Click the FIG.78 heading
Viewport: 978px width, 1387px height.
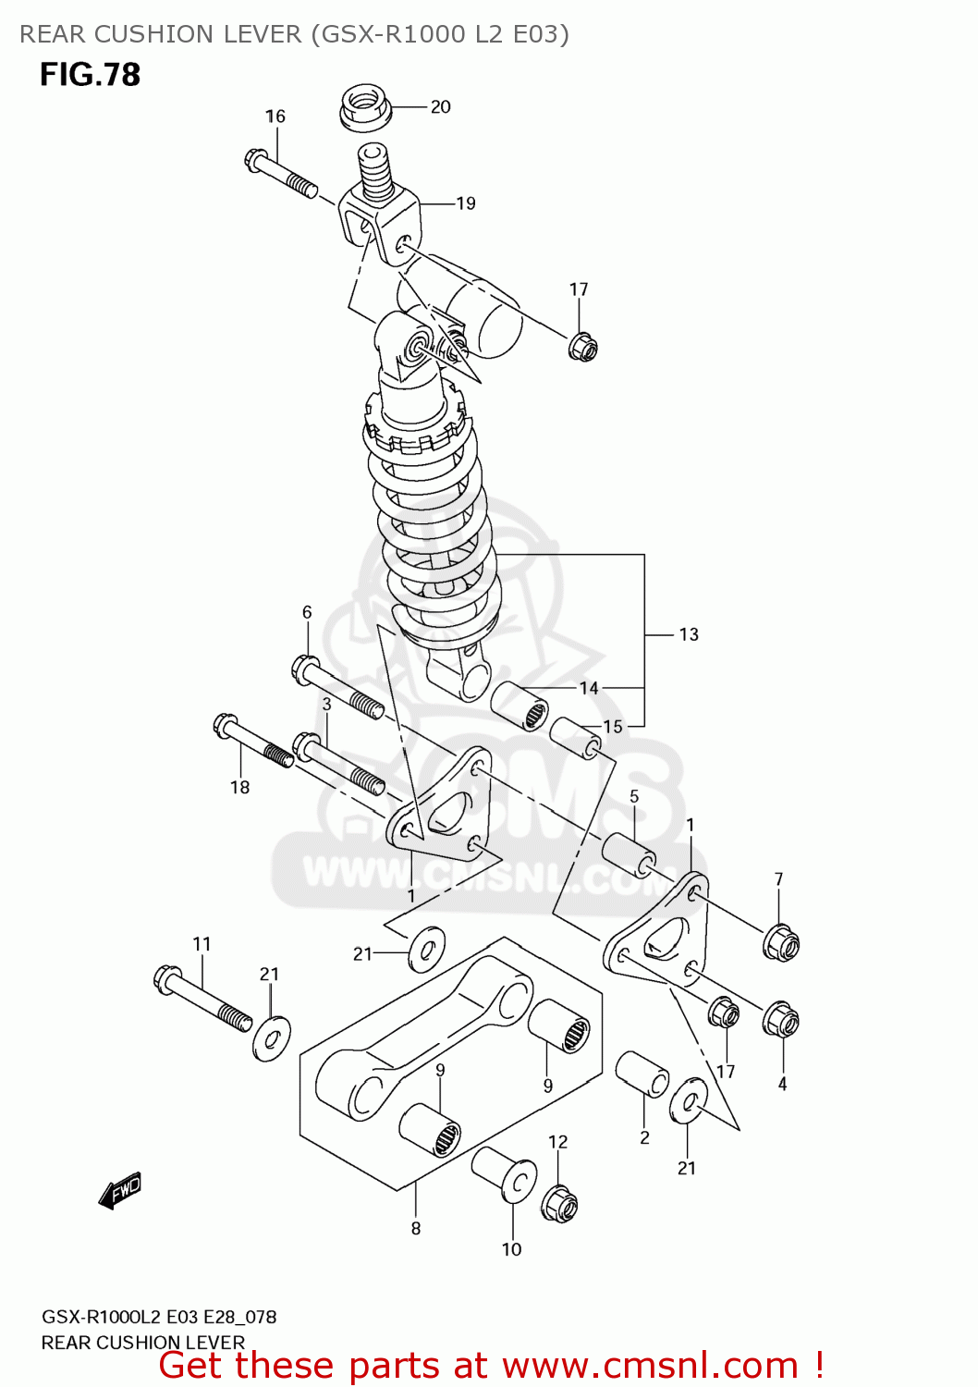(x=90, y=74)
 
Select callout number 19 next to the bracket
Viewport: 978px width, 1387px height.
(x=466, y=203)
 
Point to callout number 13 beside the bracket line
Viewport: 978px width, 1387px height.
(x=689, y=634)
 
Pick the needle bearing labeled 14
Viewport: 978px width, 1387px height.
(x=519, y=706)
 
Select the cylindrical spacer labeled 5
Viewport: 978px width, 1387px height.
(x=629, y=853)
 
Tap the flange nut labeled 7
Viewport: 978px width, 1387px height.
(x=780, y=942)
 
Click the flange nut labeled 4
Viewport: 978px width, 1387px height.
(x=780, y=1020)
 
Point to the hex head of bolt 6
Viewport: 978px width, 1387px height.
(x=305, y=667)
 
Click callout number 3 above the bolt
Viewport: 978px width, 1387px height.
(x=326, y=704)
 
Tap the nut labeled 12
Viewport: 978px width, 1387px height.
(x=559, y=1204)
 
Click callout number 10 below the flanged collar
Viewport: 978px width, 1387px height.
(x=511, y=1249)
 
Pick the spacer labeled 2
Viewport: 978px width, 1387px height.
(x=642, y=1074)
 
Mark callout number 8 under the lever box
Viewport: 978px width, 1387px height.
(x=416, y=1228)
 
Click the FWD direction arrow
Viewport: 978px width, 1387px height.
(x=120, y=1191)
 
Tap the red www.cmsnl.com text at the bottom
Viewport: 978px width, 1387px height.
(x=650, y=1366)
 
